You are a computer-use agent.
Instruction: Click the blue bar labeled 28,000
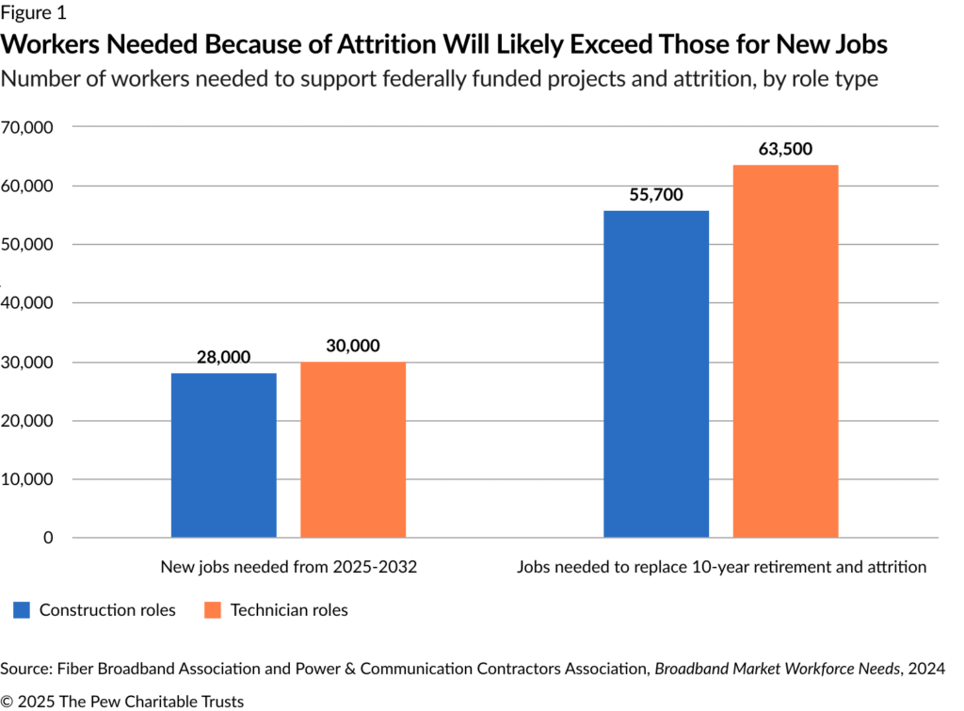[x=223, y=455]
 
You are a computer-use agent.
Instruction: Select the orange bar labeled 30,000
[x=353, y=449]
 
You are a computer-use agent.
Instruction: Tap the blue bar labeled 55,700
[x=656, y=374]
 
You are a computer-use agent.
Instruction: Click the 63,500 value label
[x=785, y=149]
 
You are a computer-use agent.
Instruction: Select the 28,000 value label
[x=223, y=358]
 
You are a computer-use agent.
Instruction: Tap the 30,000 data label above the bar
[x=353, y=347]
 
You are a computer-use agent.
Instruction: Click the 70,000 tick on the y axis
[x=28, y=127]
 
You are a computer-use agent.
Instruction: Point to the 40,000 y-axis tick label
[x=28, y=303]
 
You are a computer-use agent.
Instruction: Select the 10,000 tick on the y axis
[x=28, y=479]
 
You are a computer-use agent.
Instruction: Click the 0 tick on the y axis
[x=47, y=538]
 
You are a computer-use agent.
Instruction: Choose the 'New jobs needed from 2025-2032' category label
[x=287, y=567]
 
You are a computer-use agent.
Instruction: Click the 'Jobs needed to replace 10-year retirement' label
[x=721, y=567]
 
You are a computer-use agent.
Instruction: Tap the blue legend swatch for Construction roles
[x=24, y=610]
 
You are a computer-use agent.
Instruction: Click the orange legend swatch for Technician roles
[x=213, y=610]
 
